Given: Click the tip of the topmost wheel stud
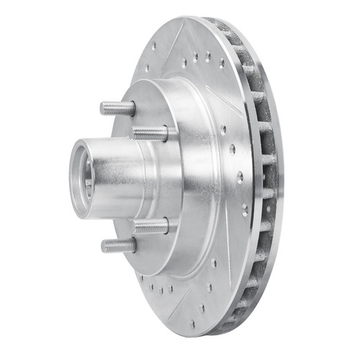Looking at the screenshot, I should point(103,108).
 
